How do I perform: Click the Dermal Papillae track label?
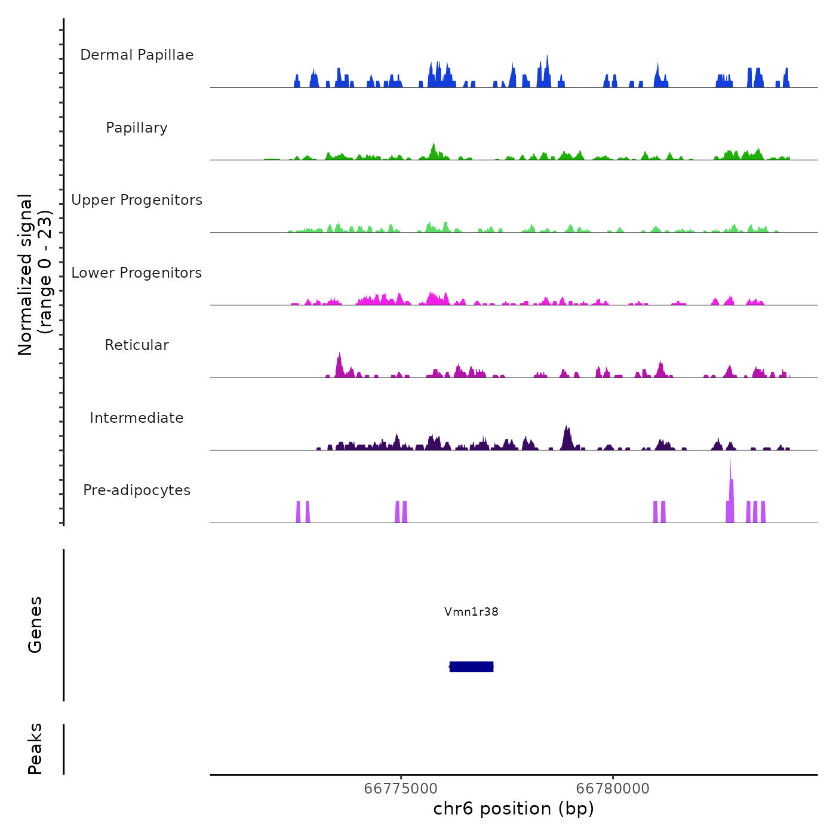click(x=137, y=55)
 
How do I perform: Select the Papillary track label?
click(x=137, y=128)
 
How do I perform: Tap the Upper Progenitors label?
click(x=137, y=200)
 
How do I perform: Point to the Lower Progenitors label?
click(x=137, y=273)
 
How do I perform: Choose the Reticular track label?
click(x=137, y=345)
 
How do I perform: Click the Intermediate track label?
click(x=137, y=418)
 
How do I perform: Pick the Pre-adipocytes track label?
click(x=137, y=490)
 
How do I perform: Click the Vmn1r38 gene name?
click(x=471, y=611)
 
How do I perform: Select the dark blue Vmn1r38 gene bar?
click(x=471, y=666)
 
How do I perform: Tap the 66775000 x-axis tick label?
click(x=401, y=788)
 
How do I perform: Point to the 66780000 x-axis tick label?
click(x=613, y=788)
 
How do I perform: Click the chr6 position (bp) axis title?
click(x=514, y=809)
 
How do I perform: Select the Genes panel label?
click(x=35, y=625)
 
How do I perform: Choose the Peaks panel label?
click(x=35, y=749)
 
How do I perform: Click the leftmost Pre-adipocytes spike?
click(x=298, y=512)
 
